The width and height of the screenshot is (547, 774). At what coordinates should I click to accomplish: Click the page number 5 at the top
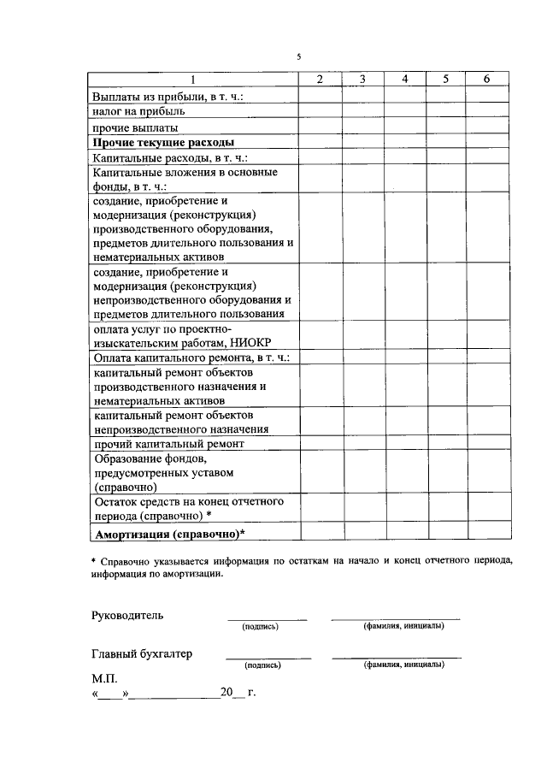(x=299, y=56)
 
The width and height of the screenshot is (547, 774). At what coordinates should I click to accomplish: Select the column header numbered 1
(x=194, y=80)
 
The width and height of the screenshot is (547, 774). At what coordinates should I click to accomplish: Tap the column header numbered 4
(x=405, y=80)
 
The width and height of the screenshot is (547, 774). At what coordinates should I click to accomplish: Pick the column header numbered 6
(x=486, y=80)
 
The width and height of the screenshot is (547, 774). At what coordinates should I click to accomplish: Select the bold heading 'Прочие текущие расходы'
(x=163, y=142)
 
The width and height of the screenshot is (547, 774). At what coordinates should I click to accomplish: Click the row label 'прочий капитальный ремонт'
(x=168, y=445)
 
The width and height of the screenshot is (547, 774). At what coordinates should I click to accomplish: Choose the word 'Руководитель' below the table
(x=126, y=615)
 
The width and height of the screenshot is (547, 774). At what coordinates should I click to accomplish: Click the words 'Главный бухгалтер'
(x=142, y=654)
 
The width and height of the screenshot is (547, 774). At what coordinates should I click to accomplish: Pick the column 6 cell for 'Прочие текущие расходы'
(x=486, y=142)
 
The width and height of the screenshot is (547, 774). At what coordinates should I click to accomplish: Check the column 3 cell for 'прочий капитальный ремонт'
(x=362, y=445)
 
